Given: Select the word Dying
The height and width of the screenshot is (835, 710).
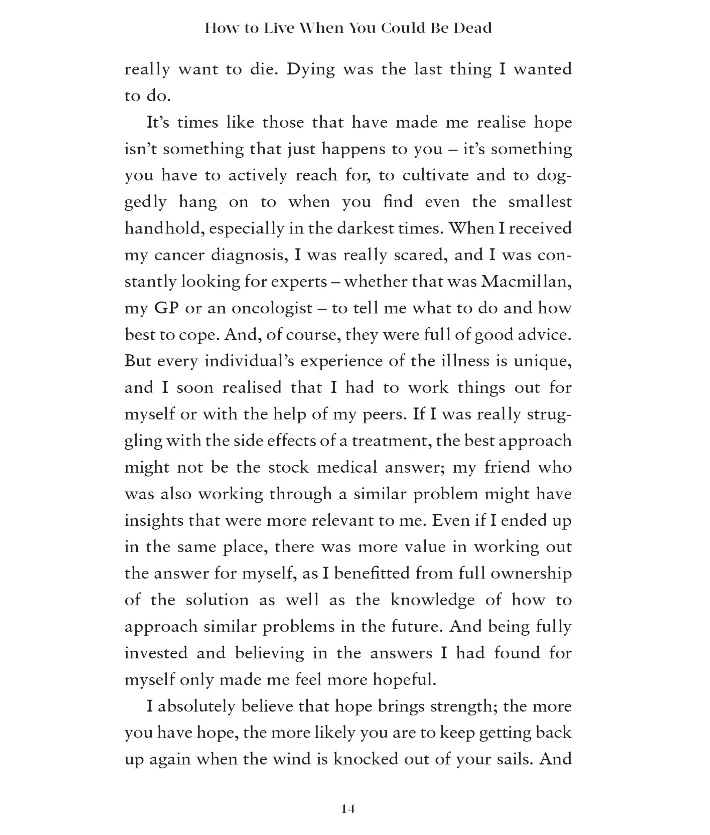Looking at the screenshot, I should [x=310, y=69].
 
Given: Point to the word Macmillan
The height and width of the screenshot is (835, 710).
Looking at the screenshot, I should [x=526, y=281].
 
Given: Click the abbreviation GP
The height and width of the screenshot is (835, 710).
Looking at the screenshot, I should [x=167, y=308].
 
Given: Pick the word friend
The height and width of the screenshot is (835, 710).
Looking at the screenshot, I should [x=507, y=467].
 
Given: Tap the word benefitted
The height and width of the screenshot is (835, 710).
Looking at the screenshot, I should [x=372, y=573].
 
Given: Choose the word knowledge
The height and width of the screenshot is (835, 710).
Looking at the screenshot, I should [x=432, y=600].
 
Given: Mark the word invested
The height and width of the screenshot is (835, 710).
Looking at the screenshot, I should [x=156, y=653].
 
